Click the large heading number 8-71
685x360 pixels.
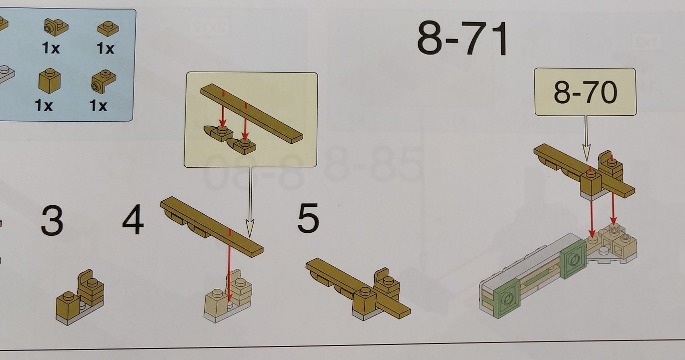[462, 38]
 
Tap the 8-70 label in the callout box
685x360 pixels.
[585, 92]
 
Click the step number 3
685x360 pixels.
[52, 221]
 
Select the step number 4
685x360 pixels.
[133, 219]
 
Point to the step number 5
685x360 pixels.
[308, 217]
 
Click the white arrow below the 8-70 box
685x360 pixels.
[586, 138]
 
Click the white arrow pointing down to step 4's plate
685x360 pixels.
[250, 202]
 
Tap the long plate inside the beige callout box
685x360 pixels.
[251, 113]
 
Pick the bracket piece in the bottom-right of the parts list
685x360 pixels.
[104, 81]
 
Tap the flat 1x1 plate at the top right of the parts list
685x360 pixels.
[108, 29]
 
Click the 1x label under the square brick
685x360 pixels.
[44, 106]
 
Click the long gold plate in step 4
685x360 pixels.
[211, 226]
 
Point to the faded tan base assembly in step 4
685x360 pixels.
[228, 296]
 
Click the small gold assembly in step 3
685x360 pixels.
[80, 297]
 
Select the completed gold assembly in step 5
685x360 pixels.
[358, 289]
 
